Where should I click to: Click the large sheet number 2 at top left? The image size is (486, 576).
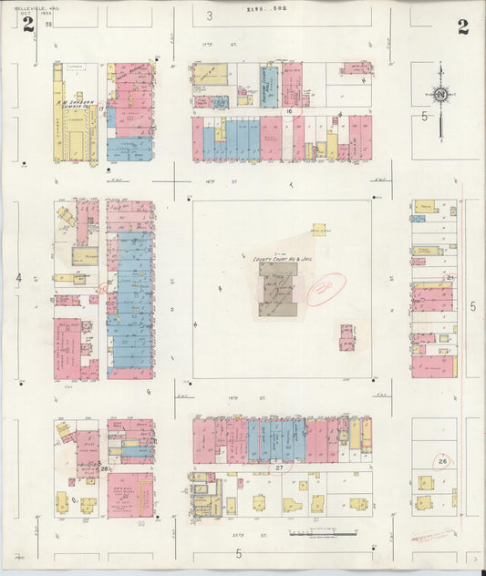28,25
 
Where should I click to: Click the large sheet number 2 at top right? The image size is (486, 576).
463,26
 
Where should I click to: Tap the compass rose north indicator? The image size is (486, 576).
439,95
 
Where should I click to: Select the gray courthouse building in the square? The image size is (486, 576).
278,289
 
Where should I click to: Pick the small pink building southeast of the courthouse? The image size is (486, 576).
347,337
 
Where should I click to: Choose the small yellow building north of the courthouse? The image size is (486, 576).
319,231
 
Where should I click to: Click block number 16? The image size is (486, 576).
288,109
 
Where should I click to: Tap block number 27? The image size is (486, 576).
279,468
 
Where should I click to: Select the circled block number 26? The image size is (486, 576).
105,468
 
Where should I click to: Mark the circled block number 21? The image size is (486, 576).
450,276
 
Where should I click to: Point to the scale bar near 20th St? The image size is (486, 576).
309,532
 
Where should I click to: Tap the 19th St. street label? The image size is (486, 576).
264,398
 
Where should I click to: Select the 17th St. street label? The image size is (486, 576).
207,44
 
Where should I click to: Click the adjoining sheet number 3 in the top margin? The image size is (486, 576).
209,15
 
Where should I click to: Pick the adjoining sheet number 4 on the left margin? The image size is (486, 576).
18,276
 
